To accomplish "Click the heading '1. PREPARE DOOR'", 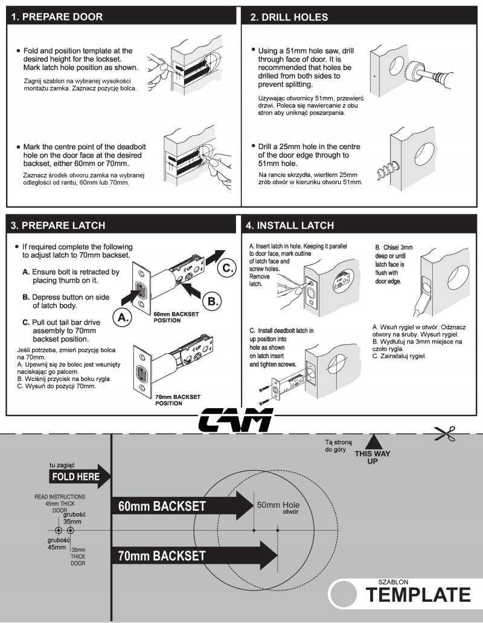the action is click(58, 17).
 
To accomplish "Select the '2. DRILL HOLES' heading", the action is click(289, 17).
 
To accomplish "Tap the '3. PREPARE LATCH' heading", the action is click(59, 225).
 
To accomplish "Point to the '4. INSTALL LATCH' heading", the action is click(289, 225).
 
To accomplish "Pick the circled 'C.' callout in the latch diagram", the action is click(226, 268).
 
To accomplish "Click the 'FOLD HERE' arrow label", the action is click(77, 476).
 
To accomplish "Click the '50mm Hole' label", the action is click(278, 505).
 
